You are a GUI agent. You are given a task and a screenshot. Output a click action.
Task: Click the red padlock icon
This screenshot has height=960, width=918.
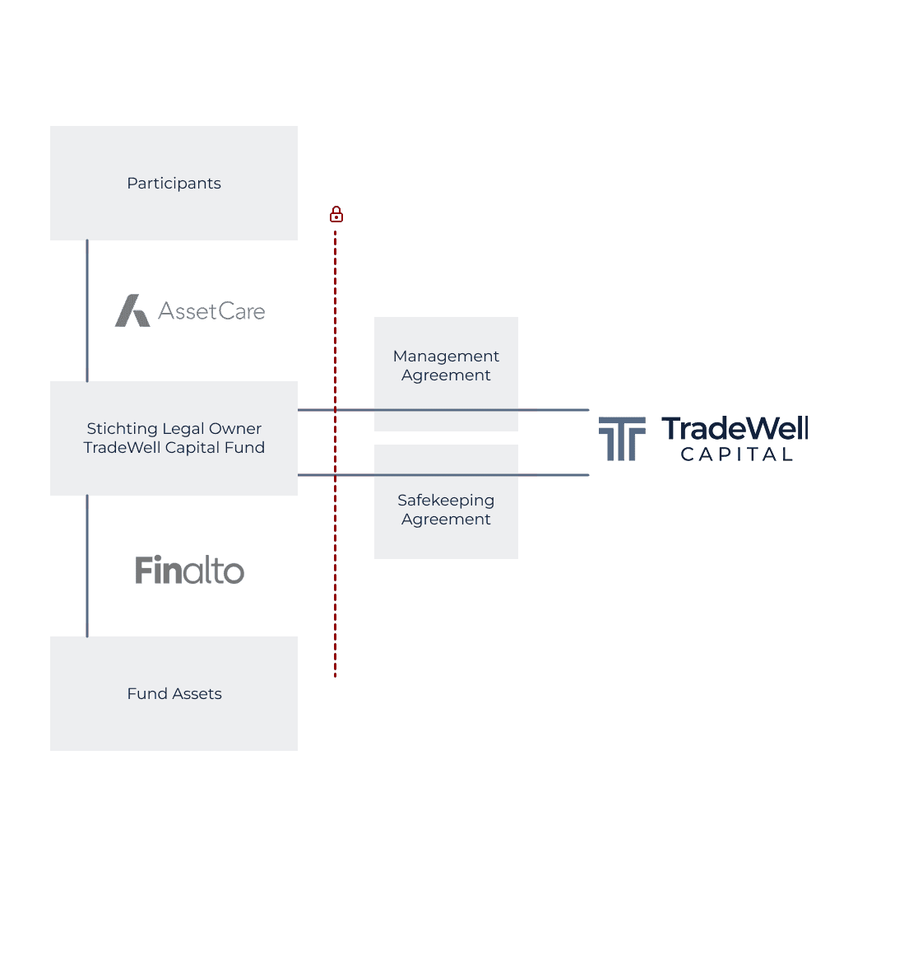click(336, 215)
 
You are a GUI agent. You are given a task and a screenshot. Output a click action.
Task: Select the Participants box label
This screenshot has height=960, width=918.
click(174, 184)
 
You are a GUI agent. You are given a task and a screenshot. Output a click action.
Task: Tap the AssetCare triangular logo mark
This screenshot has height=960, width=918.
click(132, 311)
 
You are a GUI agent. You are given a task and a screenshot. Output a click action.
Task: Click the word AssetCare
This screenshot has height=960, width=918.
click(211, 311)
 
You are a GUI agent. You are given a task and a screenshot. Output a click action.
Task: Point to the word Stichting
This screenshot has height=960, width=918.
click(121, 429)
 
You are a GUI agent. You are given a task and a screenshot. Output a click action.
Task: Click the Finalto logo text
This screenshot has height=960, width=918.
click(189, 570)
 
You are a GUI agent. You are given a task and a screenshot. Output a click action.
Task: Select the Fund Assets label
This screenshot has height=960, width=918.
click(174, 694)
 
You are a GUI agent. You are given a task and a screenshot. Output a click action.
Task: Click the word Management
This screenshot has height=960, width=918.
click(446, 357)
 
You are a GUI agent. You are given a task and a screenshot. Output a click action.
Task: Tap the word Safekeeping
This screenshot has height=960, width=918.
click(446, 501)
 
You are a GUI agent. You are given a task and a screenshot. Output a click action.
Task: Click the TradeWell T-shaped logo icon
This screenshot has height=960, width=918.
click(621, 438)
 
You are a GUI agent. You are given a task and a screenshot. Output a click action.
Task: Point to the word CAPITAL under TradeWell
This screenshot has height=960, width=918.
click(736, 454)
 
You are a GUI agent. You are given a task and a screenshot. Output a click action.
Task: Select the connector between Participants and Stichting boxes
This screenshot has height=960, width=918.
click(87, 311)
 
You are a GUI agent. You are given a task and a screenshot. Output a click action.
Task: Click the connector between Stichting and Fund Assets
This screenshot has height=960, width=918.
click(87, 566)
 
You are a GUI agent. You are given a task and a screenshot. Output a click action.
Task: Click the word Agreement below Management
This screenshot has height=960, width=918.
click(446, 375)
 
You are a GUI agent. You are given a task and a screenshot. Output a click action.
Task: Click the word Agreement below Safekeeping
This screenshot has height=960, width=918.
click(446, 520)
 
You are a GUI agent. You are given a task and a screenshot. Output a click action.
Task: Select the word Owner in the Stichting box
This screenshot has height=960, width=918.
click(235, 429)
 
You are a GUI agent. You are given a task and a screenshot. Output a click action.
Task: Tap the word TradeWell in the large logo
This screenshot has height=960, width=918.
click(735, 429)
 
